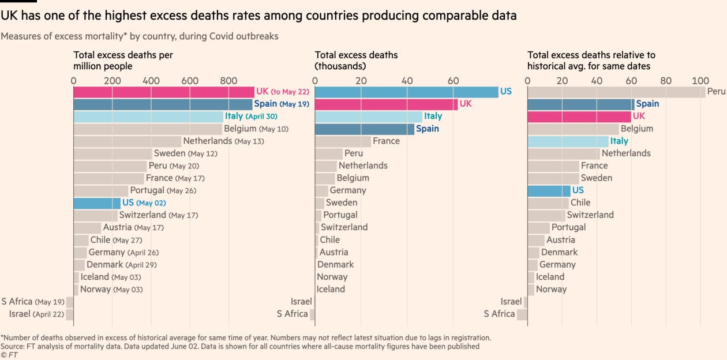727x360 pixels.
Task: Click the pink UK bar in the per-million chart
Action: pos(163,92)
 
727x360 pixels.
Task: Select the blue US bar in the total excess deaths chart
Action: pos(406,92)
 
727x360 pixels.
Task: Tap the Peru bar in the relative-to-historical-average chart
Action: pos(616,92)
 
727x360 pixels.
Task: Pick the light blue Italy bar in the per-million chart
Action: pos(148,117)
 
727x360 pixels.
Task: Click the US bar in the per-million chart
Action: pos(97,203)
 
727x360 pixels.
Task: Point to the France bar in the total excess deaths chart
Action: pos(343,141)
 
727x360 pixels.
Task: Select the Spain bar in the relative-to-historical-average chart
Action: pos(580,104)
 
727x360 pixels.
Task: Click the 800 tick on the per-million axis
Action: pos(228,81)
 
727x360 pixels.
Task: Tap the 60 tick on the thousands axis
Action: pos(453,81)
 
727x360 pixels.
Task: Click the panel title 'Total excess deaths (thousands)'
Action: pos(356,61)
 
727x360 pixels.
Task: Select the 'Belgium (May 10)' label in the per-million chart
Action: pos(256,129)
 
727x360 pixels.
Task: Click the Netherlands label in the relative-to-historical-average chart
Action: pos(626,153)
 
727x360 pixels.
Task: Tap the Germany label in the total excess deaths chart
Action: pos(348,190)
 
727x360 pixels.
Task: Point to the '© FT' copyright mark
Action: pos(9,355)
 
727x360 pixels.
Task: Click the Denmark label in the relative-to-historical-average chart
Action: pos(559,252)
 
